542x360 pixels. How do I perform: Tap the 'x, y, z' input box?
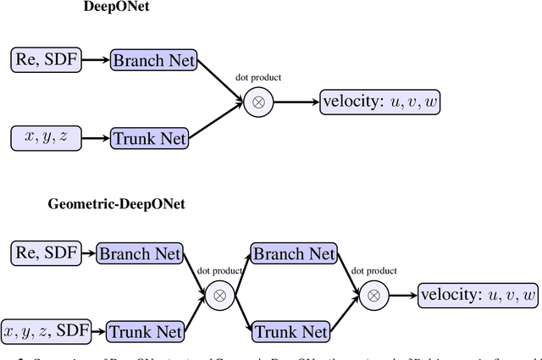point(47,136)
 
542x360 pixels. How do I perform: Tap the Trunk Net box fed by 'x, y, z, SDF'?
point(141,331)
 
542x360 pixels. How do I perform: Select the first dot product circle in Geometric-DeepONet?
point(220,295)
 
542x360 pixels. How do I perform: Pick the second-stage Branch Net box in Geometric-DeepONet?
point(293,252)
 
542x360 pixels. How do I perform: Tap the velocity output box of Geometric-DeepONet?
point(478,295)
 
